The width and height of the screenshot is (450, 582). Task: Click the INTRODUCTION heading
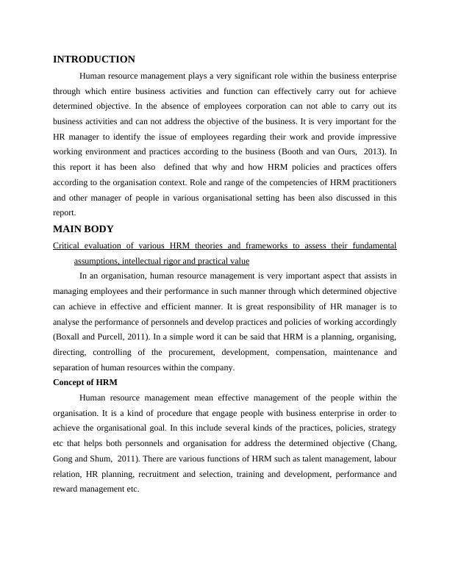[x=94, y=60]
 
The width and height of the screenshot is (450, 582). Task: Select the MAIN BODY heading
[x=83, y=229]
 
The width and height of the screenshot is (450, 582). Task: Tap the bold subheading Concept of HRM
[x=85, y=382]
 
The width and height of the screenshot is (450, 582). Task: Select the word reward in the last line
[x=65, y=490]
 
